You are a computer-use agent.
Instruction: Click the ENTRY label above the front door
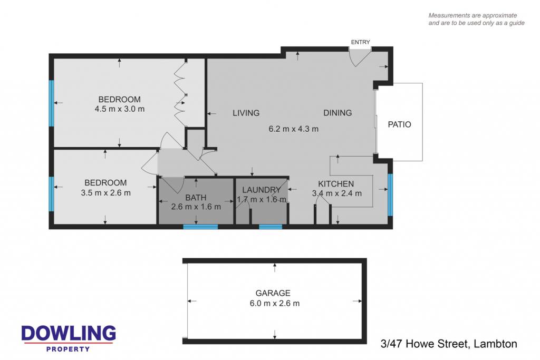360,42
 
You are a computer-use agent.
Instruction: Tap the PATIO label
400,124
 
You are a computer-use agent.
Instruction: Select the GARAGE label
273,293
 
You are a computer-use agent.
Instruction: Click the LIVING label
246,113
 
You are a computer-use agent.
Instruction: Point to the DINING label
337,113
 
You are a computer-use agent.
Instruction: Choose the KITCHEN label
336,184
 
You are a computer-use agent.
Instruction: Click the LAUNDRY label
262,190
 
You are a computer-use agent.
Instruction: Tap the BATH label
196,198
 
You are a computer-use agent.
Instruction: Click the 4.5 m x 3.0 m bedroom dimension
120,109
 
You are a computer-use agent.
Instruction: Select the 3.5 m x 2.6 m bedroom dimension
105,193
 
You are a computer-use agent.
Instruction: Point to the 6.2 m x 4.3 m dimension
293,129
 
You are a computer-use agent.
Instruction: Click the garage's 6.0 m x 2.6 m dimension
274,304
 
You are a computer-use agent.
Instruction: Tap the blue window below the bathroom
200,227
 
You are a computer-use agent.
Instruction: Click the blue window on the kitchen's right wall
390,195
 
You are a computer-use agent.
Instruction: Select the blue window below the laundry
271,227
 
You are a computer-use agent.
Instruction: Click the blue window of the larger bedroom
51,103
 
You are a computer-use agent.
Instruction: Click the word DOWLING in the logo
69,333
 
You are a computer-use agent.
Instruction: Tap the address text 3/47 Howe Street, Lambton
449,344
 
